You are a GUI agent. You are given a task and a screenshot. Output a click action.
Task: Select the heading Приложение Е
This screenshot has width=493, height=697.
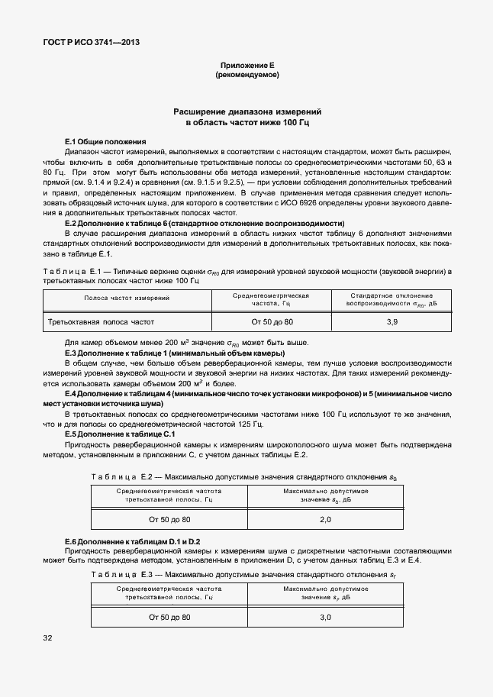[x=246, y=66]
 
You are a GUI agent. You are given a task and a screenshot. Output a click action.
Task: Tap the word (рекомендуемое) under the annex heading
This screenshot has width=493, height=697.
[x=246, y=75]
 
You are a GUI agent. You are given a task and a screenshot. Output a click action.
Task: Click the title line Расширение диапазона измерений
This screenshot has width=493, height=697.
[x=246, y=111]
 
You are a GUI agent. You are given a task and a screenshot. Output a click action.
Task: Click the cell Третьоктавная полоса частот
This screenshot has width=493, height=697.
[x=101, y=323]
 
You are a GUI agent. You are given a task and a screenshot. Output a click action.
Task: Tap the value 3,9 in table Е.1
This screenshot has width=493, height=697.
[x=391, y=323]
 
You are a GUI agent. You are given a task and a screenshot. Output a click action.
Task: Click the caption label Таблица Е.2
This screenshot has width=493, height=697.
[x=118, y=477]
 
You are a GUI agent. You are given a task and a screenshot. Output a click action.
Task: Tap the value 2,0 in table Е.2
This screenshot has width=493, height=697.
[x=325, y=520]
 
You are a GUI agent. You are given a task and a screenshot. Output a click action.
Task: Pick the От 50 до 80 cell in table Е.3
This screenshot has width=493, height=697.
[x=169, y=616]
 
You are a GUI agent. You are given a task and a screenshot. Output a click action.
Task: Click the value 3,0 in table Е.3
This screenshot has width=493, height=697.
[x=325, y=616]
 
